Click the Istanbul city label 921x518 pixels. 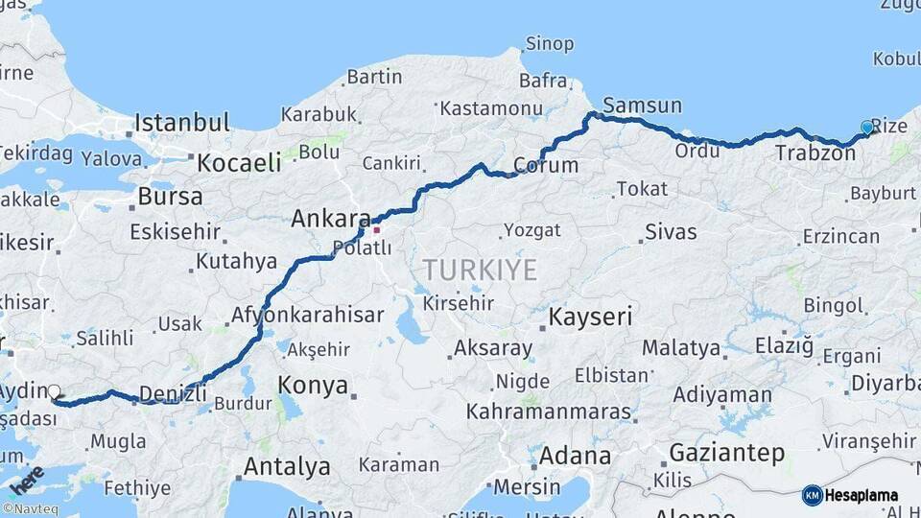182,123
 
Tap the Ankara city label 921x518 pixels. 331,219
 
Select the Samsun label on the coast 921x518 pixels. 643,106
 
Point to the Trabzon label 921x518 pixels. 815,153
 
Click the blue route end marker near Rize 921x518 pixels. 867,128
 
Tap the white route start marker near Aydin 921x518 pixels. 54,392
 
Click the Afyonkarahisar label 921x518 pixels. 307,315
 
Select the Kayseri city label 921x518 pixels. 590,316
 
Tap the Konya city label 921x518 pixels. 313,386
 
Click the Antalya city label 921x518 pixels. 287,467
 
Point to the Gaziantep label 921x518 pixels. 726,452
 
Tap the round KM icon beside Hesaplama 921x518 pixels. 813,495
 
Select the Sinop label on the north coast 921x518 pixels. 550,44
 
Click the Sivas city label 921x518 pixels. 671,231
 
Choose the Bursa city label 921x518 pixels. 170,197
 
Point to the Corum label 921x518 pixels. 546,165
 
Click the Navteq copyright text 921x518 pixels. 30,508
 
